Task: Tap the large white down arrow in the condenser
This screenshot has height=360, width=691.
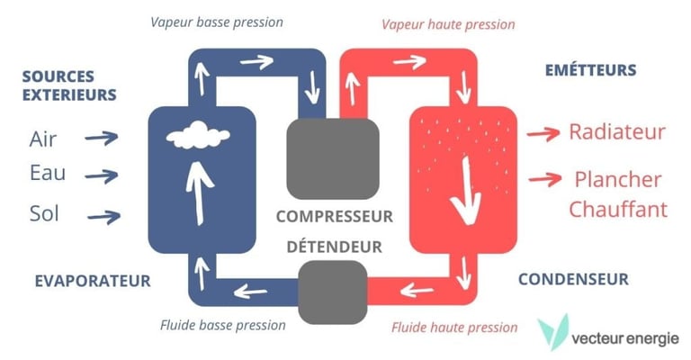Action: click(465, 190)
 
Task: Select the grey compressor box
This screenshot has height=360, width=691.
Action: click(331, 158)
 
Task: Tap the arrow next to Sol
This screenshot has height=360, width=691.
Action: click(103, 215)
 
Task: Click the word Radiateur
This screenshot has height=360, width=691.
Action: click(616, 132)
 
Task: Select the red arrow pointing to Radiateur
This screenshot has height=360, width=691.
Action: click(543, 133)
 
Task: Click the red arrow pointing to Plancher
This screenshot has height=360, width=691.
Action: click(543, 177)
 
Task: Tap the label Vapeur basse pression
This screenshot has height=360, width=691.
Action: click(218, 22)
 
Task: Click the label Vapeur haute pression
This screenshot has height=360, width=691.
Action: click(448, 24)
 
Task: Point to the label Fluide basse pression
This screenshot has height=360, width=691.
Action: click(222, 325)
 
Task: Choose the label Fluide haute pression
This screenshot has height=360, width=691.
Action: click(454, 328)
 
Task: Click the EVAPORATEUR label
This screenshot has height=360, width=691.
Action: click(92, 281)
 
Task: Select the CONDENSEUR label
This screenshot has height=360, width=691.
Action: click(572, 279)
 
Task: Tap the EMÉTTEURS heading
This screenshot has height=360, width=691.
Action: click(590, 70)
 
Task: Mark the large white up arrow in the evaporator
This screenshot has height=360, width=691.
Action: click(198, 189)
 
